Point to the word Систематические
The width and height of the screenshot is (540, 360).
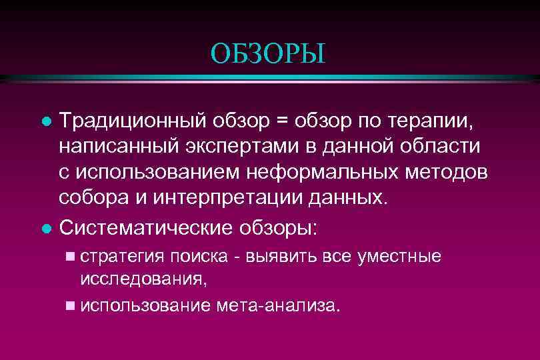point(143,227)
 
